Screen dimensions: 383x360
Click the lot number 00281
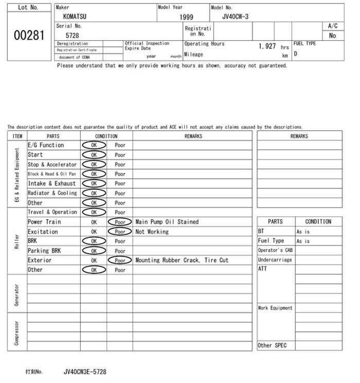coord(28,36)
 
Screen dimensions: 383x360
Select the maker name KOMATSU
coord(75,16)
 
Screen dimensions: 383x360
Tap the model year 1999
coord(186,17)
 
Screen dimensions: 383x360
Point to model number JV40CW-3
coord(235,16)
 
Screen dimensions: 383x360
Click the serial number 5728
coord(73,35)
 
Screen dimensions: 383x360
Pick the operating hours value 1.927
coord(267,46)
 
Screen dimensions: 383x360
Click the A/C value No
coord(332,36)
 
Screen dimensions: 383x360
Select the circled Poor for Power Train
coord(120,222)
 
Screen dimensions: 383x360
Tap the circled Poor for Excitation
coord(120,232)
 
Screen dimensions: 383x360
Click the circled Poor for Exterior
coord(120,260)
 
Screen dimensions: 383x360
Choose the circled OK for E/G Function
coord(94,145)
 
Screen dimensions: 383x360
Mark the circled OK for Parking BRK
coord(94,251)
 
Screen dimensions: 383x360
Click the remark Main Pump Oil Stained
coord(167,222)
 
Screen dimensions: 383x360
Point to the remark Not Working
coord(152,232)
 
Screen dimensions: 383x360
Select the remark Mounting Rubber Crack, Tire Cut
coord(182,260)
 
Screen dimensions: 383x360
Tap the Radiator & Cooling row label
coord(52,193)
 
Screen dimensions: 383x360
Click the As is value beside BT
coord(303,232)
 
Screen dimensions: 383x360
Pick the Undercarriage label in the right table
coord(275,260)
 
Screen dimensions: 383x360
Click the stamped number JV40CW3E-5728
coord(85,371)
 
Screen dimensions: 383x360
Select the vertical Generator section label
coord(17,293)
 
